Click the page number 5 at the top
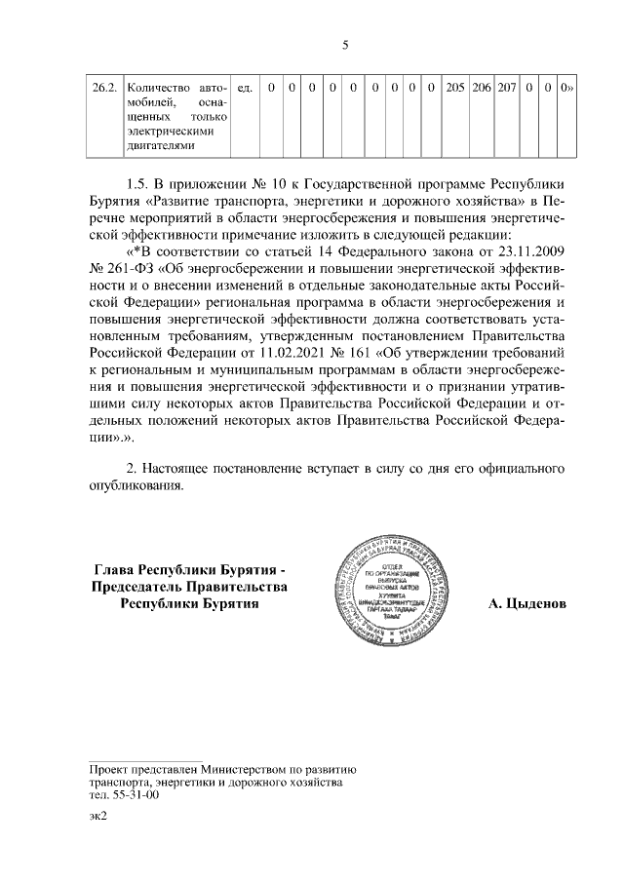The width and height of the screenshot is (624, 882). tap(345, 44)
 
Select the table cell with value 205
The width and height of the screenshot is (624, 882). tap(454, 89)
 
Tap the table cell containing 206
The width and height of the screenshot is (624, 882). tap(481, 89)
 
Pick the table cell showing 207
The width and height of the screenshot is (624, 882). tap(506, 89)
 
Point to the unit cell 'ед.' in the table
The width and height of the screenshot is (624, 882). tap(246, 89)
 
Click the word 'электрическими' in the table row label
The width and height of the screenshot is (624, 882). tap(170, 132)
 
